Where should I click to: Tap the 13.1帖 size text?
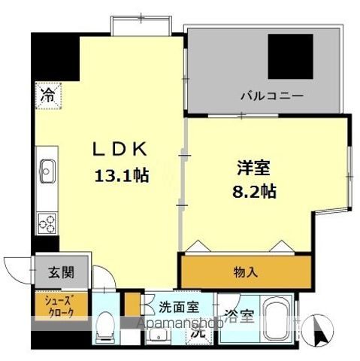[120, 176]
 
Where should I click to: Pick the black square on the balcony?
[290, 56]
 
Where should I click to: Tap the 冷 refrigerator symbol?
[47, 96]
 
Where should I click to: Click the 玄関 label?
[62, 272]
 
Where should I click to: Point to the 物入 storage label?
[246, 272]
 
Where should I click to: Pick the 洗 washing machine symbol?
[197, 329]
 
